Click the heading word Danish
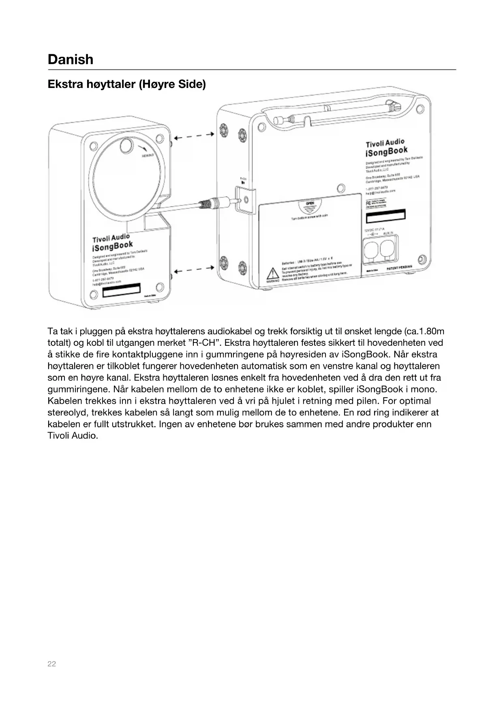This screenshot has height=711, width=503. [x=71, y=60]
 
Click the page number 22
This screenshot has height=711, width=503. [x=52, y=664]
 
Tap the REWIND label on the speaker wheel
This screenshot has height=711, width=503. [x=148, y=156]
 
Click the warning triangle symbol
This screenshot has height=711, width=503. [x=273, y=273]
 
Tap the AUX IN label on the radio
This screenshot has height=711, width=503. [x=388, y=233]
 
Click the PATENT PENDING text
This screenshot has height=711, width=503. [x=399, y=268]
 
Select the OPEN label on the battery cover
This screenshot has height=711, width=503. [x=310, y=203]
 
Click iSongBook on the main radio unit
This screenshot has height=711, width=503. [x=386, y=152]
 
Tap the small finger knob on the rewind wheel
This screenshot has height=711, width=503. [x=126, y=146]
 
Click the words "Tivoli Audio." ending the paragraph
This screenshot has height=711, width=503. [x=73, y=436]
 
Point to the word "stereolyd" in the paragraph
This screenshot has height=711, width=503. [x=68, y=413]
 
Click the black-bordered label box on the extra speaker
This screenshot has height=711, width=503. [x=121, y=289]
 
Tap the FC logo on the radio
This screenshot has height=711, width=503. [x=369, y=202]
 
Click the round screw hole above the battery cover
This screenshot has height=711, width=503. [x=341, y=188]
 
